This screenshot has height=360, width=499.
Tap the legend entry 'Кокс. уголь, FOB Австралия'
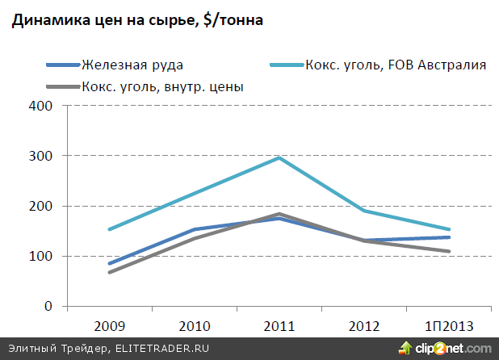click(x=396, y=65)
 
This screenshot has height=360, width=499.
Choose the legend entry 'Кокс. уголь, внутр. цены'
click(x=163, y=86)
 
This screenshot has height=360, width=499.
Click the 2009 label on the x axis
click(x=109, y=327)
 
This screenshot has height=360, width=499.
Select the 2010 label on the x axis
click(x=194, y=327)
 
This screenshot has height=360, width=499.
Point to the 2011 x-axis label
click(x=279, y=327)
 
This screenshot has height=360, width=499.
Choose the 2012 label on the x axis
click(x=363, y=327)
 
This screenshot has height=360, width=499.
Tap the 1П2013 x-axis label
click(x=448, y=327)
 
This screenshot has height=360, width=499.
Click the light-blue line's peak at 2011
click(x=279, y=157)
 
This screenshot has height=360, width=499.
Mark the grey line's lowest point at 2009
click(x=109, y=273)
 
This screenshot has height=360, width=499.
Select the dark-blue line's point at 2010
click(x=194, y=229)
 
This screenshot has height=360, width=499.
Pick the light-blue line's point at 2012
click(x=363, y=211)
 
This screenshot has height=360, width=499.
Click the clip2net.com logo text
click(x=453, y=349)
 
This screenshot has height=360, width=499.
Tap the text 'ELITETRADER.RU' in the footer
click(x=165, y=349)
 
